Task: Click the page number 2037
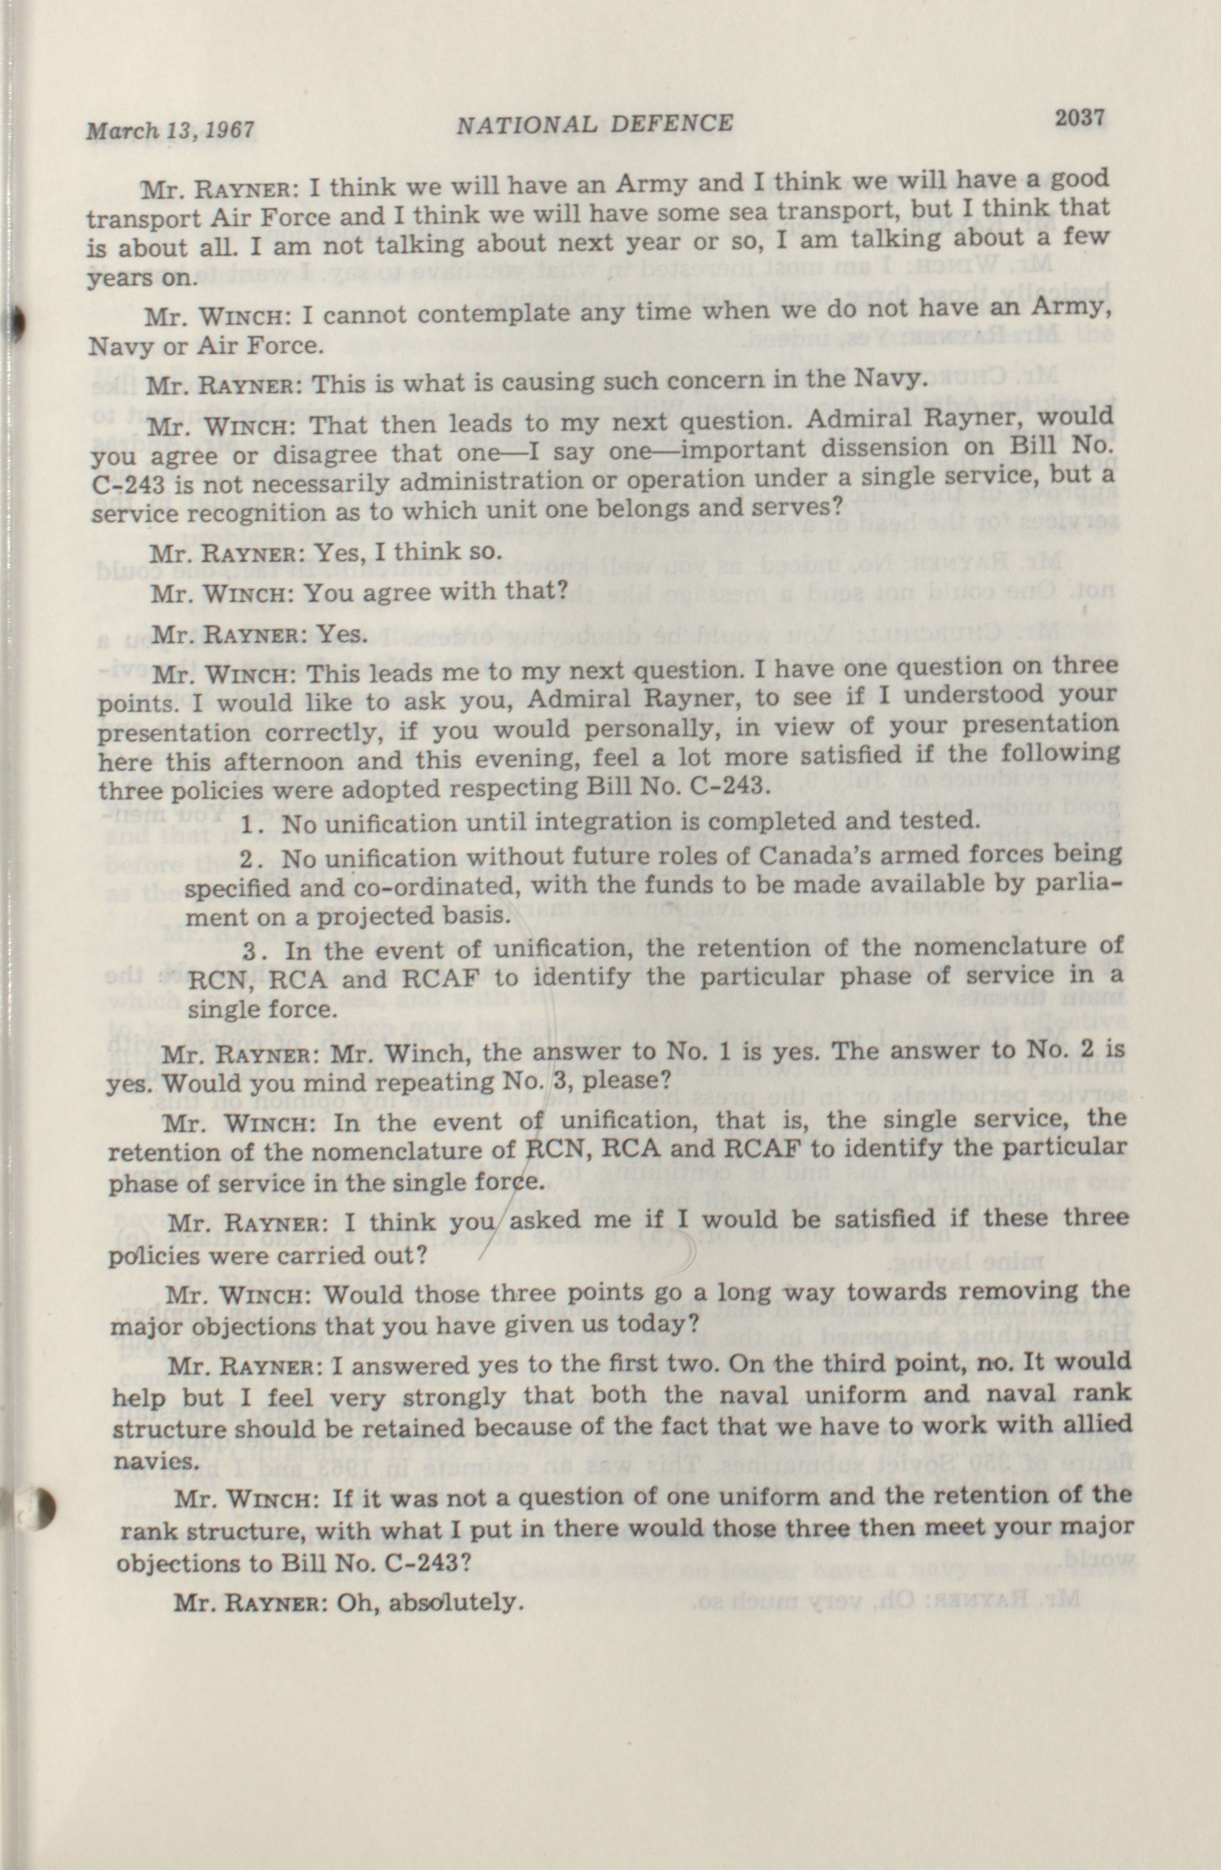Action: [x=1080, y=118]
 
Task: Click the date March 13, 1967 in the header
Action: [x=171, y=128]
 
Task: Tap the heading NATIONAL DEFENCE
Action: [x=595, y=123]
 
